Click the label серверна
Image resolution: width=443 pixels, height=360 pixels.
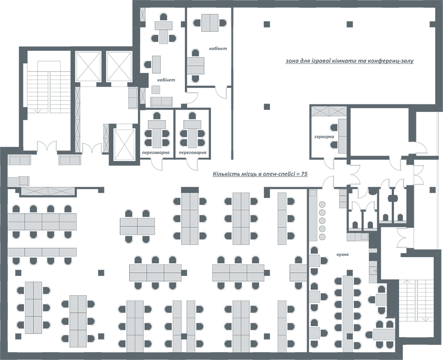[x=324, y=137]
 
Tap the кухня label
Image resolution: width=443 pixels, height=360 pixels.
[x=342, y=254]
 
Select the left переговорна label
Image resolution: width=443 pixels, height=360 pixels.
[x=156, y=153]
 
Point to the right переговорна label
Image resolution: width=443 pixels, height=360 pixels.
[x=192, y=153]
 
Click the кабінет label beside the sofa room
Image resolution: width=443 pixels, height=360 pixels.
[x=166, y=80]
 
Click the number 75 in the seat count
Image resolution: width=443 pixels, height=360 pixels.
[x=304, y=174]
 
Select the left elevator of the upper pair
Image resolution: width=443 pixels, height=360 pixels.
[x=88, y=66]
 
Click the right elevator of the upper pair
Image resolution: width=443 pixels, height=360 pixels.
[x=120, y=66]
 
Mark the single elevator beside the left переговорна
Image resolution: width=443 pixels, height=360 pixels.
[x=124, y=144]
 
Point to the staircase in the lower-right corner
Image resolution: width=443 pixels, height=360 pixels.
[x=416, y=300]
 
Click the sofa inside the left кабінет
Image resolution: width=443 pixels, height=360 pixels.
[x=161, y=102]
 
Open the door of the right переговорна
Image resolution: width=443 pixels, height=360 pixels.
[x=193, y=164]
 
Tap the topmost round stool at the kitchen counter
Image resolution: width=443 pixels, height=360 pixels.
[x=322, y=204]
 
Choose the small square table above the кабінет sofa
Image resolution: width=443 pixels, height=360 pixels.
[x=156, y=89]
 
